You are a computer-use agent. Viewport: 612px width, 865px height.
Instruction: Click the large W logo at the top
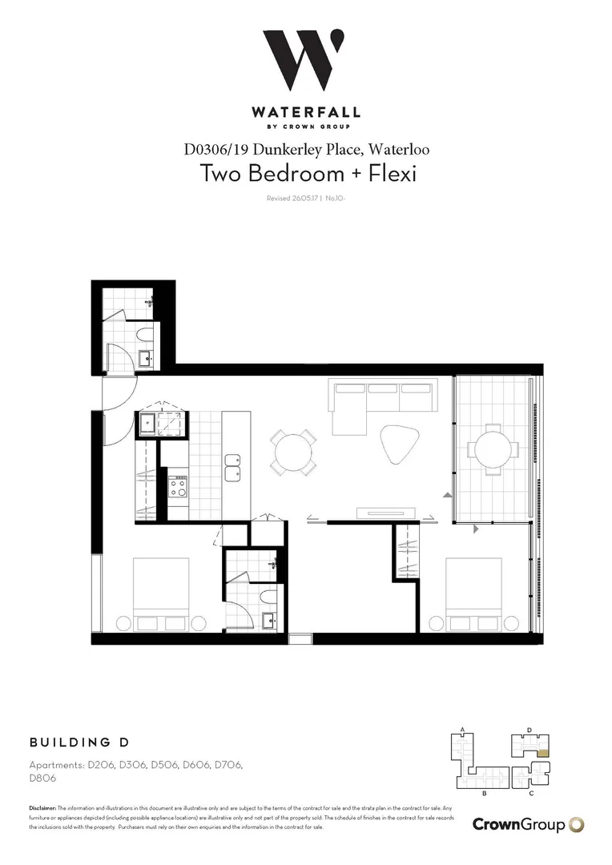coord(305,62)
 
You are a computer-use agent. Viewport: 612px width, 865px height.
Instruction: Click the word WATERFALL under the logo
coord(305,113)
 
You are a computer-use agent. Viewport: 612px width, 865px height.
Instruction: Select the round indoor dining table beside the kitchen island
coord(293,453)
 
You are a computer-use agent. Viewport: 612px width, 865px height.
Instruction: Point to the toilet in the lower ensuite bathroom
coord(268,597)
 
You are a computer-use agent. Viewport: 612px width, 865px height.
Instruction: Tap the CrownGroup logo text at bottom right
coord(518,824)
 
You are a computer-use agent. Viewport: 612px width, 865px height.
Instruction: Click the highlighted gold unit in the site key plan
coord(543,751)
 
